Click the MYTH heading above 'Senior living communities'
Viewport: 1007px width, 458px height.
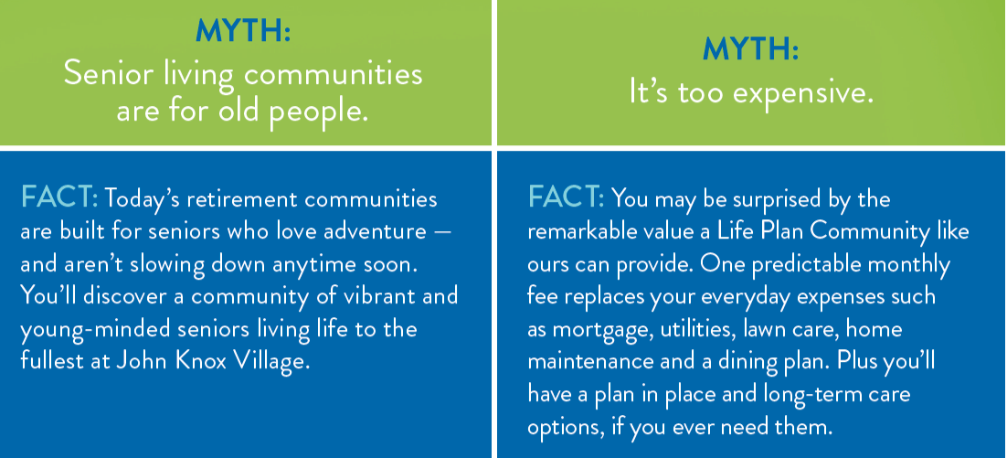243,31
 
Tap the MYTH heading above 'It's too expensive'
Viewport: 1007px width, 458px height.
751,48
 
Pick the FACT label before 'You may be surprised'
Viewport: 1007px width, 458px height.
566,197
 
